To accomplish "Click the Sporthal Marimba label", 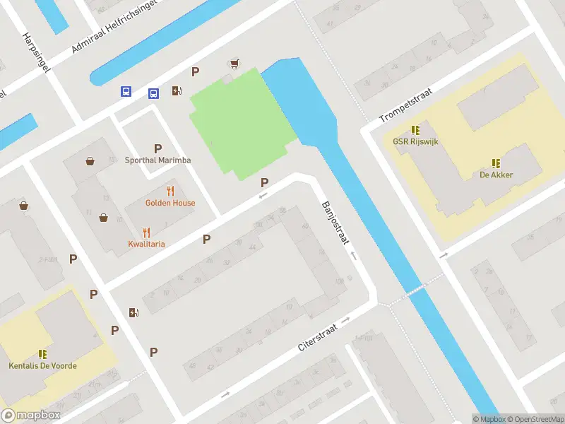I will [x=158, y=160].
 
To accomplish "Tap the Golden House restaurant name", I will [x=170, y=203].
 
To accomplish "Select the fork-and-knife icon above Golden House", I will [x=170, y=191].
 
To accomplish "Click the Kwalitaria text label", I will [x=147, y=244].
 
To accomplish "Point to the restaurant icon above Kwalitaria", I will [x=147, y=232].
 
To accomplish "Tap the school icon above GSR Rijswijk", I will [x=415, y=130].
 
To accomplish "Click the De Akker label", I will [x=496, y=175].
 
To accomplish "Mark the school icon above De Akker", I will [x=496, y=163].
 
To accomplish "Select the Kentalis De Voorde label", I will [x=43, y=366].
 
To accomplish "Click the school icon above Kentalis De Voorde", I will [x=43, y=354].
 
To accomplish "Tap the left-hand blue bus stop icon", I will [x=126, y=91].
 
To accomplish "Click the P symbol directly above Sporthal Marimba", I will [x=158, y=148].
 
